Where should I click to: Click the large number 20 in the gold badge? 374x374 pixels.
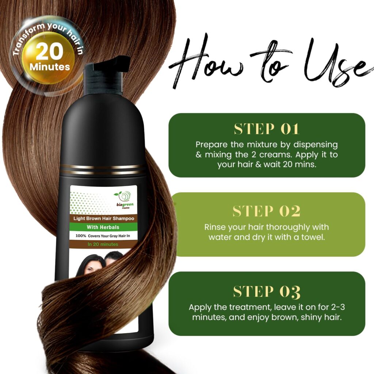tap(49, 52)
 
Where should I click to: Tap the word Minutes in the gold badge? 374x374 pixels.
tap(50, 67)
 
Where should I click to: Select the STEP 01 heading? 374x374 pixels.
tap(267, 129)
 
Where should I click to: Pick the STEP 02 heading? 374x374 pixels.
tap(267, 211)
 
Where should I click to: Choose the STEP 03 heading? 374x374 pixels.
tap(267, 291)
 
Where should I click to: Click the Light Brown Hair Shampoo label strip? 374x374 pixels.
tap(103, 218)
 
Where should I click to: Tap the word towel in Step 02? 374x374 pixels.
tap(315, 237)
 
